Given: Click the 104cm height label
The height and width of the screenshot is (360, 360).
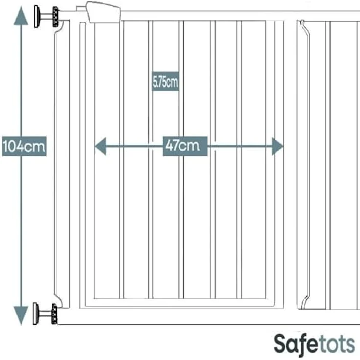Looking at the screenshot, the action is click(24, 146).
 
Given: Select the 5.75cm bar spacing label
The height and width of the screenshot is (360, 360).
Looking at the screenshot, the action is click(165, 82).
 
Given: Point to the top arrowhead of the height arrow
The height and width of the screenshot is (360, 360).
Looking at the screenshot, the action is click(21, 16).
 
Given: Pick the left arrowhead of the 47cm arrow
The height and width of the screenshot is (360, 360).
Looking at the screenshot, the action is click(101, 146).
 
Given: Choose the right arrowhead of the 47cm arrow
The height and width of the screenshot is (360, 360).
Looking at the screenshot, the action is click(278, 146).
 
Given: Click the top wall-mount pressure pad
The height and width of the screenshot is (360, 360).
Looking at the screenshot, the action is click(36, 17).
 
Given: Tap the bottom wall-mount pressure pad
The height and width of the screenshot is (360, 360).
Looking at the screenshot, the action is click(35, 314).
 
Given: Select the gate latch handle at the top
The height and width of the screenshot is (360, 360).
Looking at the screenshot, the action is click(103, 13).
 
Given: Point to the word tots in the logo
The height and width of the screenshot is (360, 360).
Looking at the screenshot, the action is click(337, 344).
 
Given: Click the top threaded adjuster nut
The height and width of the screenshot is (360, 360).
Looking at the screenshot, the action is click(55, 17).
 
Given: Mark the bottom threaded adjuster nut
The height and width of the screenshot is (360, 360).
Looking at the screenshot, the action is click(54, 314).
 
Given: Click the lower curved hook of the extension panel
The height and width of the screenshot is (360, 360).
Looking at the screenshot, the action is click(305, 302).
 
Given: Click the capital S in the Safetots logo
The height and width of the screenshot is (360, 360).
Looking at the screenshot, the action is click(281, 344).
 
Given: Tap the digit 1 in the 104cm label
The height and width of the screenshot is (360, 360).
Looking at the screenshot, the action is click(5, 146).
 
